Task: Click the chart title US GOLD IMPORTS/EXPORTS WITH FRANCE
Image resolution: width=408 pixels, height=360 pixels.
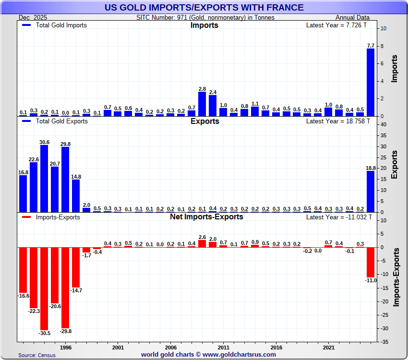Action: (204, 7)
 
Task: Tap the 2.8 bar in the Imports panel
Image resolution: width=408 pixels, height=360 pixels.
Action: (202, 104)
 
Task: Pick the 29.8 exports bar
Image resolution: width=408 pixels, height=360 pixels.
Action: (65, 180)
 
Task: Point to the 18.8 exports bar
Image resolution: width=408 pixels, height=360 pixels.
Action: (371, 192)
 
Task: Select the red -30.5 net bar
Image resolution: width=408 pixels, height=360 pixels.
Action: (44, 288)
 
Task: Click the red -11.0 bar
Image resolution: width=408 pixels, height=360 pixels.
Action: (371, 262)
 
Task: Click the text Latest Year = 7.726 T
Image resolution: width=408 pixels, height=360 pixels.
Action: (338, 25)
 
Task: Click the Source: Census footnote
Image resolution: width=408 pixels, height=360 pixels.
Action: (37, 355)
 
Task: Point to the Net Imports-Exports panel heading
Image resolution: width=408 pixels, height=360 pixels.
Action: (206, 217)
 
